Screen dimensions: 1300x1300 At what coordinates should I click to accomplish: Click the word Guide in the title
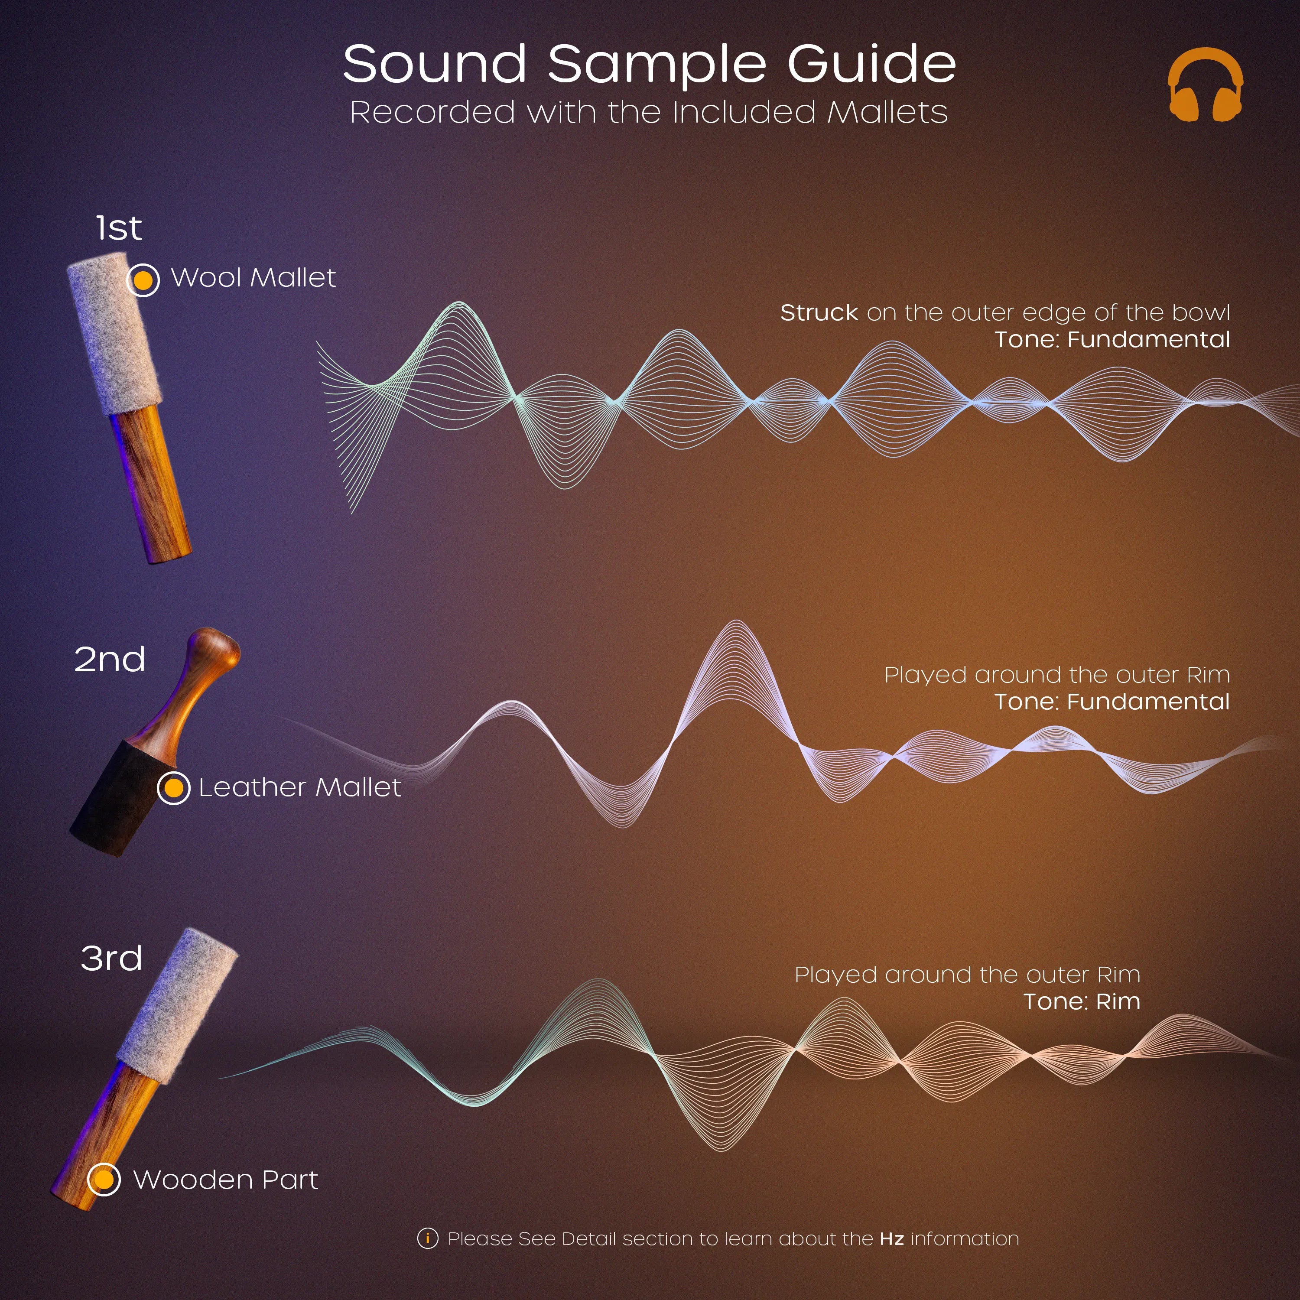(871, 64)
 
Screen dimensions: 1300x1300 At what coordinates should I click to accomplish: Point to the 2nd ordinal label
(110, 660)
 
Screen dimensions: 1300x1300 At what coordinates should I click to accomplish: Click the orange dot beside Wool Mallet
(143, 279)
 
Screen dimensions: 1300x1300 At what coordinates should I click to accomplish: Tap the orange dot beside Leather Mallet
(174, 787)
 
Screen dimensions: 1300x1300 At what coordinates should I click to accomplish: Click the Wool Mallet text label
(253, 278)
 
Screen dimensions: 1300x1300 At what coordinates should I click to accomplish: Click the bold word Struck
(819, 313)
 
